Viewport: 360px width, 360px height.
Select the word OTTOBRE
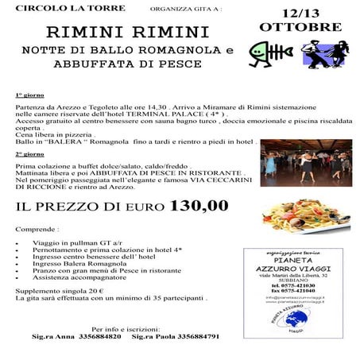[300, 26]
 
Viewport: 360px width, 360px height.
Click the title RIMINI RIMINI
[127, 33]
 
